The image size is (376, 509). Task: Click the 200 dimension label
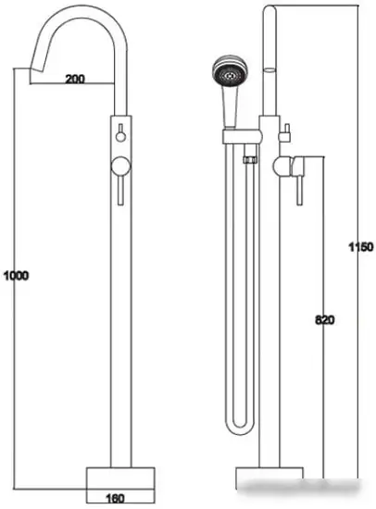coord(76,80)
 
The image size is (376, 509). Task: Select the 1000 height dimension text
coord(16,276)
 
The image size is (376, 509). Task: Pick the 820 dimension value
coord(324,320)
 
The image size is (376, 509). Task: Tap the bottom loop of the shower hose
coord(240,425)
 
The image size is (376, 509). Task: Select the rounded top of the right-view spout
coord(269,11)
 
